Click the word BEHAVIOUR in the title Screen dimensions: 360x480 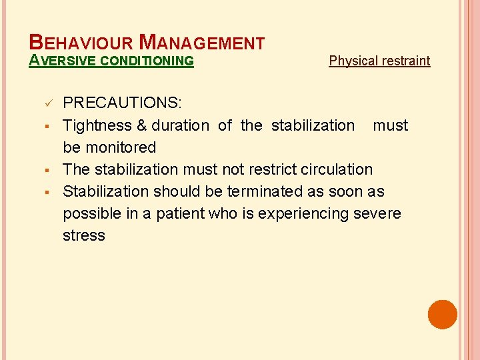click(x=81, y=43)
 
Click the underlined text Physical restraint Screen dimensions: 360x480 click(x=379, y=61)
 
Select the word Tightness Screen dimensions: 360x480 click(x=97, y=125)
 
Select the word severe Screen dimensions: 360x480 click(x=377, y=213)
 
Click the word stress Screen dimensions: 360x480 click(x=84, y=235)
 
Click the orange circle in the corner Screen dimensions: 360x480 click(x=443, y=315)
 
